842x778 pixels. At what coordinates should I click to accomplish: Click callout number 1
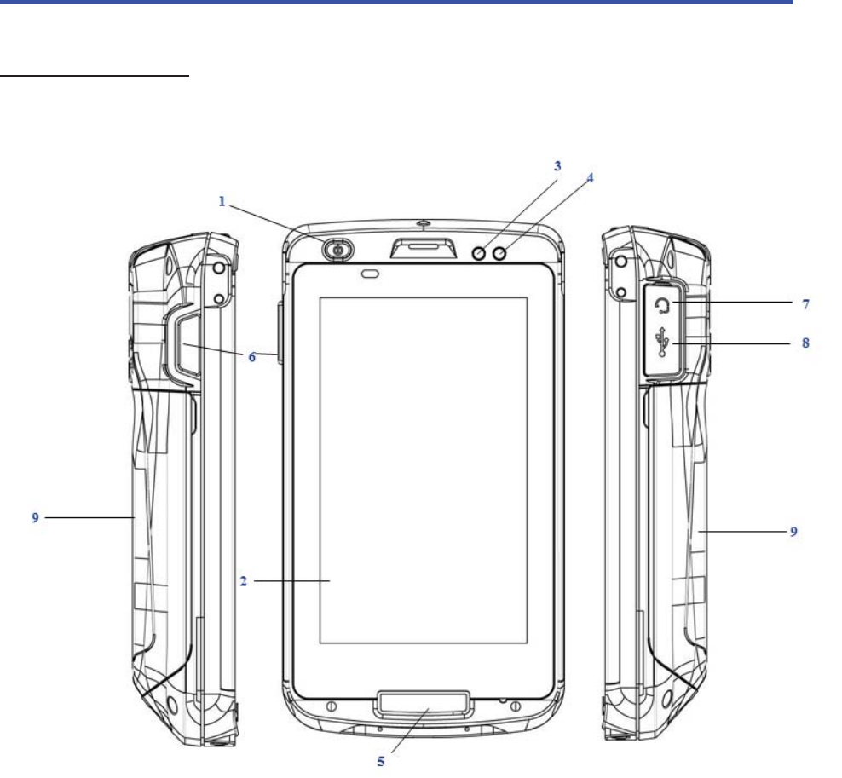(222, 201)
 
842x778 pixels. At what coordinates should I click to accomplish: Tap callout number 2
(243, 581)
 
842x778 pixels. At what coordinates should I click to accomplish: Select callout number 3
(557, 166)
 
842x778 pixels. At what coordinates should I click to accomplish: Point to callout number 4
(590, 178)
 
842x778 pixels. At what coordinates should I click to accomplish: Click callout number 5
(381, 761)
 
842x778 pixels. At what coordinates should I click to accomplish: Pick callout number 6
(252, 357)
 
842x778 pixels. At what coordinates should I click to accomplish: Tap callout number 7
(805, 304)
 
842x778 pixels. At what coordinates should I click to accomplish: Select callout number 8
(805, 343)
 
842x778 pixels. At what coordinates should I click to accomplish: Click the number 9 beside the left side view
(35, 517)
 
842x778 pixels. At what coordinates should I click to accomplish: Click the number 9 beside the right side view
(793, 532)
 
